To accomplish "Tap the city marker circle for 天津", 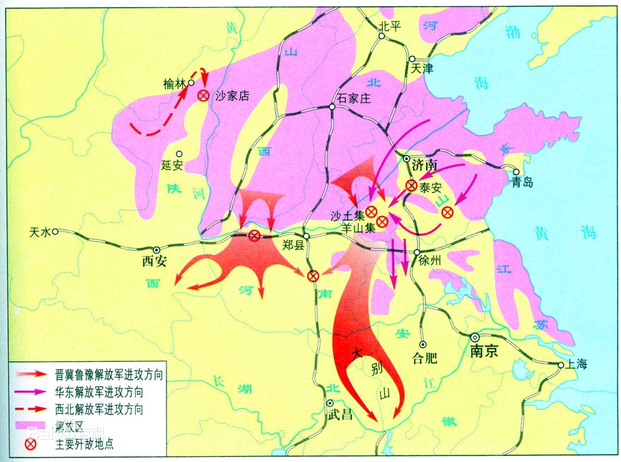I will [x=412, y=59].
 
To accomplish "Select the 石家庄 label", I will [x=354, y=98].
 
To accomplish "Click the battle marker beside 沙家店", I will [x=203, y=96].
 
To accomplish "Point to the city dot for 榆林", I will [x=191, y=83].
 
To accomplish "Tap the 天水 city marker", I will [x=55, y=232].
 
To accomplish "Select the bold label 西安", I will [x=154, y=261].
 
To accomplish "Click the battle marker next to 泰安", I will [x=411, y=185].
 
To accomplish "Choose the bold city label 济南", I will [x=424, y=165].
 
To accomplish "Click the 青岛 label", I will [x=522, y=183].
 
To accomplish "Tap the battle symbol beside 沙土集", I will [x=371, y=212].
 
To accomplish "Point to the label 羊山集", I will [x=359, y=228].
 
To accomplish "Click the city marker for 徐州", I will [x=417, y=253].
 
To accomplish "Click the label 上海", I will [x=576, y=364].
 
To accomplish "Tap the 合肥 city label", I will [x=425, y=358].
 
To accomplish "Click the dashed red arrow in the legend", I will [x=31, y=409].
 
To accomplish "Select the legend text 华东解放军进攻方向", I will [x=99, y=392].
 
